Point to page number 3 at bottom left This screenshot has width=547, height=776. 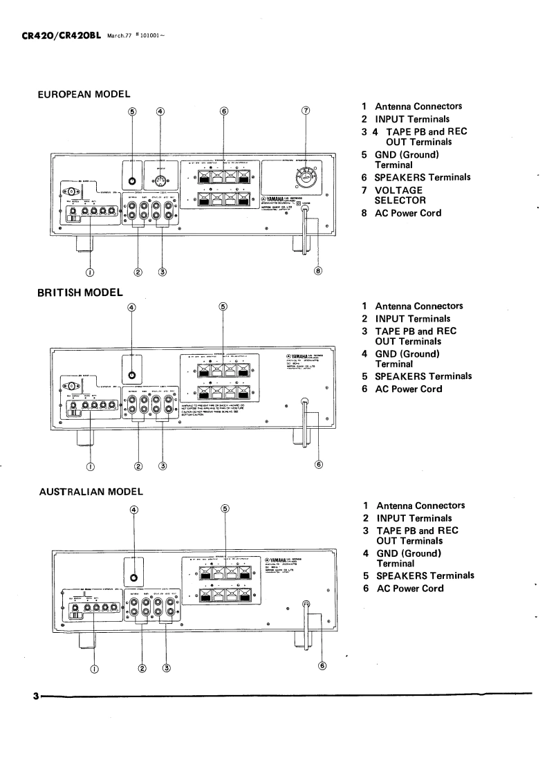coord(35,694)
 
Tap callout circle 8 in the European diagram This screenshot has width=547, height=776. coord(318,271)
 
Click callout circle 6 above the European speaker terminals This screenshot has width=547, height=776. coord(223,111)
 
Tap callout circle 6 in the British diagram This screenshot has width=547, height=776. coord(319,464)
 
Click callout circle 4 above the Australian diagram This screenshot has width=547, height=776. coord(133,510)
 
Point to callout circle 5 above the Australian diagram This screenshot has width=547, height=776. coord(225,509)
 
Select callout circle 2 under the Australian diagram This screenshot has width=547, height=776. coord(142,668)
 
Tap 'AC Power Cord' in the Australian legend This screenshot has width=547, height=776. coord(409,589)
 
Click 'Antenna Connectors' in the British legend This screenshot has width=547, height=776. coord(418,306)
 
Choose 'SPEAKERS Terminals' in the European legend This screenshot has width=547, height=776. coord(423,177)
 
